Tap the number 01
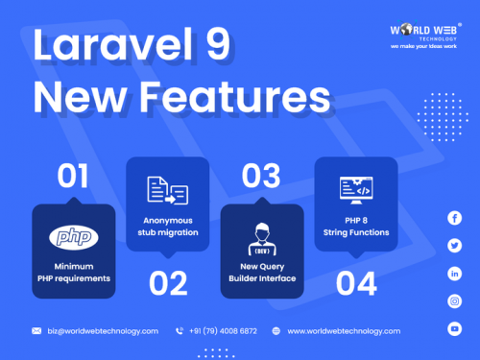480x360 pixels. click(60, 177)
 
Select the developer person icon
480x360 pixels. click(262, 236)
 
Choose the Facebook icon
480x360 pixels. click(454, 219)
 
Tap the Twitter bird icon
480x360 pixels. click(454, 246)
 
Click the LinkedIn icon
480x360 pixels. click(454, 274)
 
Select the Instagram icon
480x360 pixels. click(454, 300)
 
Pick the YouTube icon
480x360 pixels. click(454, 328)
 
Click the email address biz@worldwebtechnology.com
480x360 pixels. click(103, 330)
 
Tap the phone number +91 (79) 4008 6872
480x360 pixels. click(222, 330)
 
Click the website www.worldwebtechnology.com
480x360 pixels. click(344, 330)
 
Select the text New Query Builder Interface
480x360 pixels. click(262, 272)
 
